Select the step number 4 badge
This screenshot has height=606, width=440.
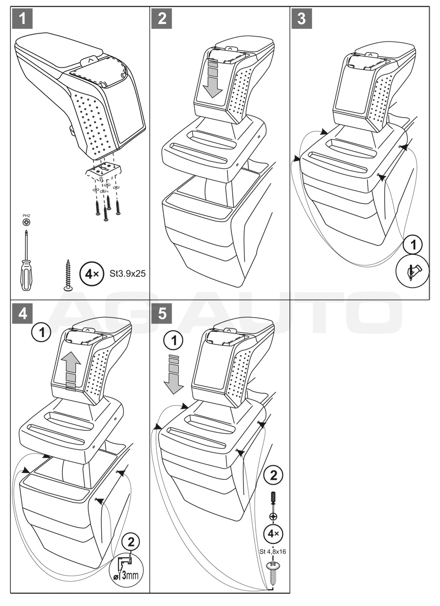pos(23,314)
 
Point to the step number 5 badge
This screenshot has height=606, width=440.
pos(162,314)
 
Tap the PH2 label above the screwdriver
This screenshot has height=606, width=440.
pos(25,214)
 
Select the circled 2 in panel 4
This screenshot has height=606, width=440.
pos(131,541)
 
